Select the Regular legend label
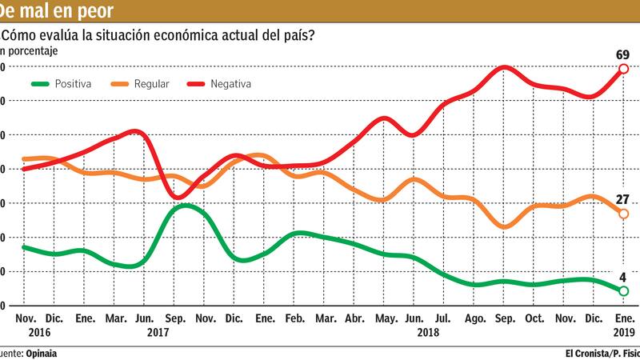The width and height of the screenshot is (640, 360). click(x=151, y=83)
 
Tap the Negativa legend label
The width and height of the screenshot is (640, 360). click(x=231, y=83)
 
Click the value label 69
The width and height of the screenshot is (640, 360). click(x=623, y=54)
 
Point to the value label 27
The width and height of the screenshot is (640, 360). click(x=623, y=199)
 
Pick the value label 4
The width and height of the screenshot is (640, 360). click(x=623, y=278)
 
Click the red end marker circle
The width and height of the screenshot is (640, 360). click(x=623, y=69)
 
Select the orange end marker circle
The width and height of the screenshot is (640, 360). click(x=623, y=213)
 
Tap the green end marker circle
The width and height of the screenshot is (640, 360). click(x=623, y=291)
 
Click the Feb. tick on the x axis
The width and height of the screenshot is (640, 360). click(x=295, y=318)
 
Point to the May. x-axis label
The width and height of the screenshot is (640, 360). click(x=385, y=318)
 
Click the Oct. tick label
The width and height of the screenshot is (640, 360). click(x=534, y=318)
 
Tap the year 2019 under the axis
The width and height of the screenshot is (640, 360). click(x=623, y=332)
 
